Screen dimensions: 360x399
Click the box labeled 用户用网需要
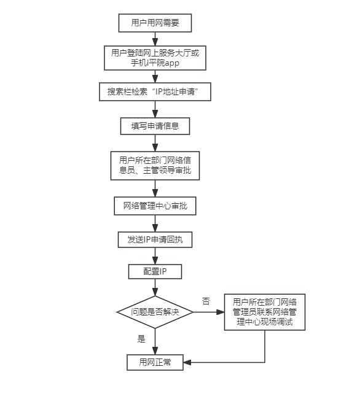tap(155, 23)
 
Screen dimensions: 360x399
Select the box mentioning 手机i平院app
tap(155, 58)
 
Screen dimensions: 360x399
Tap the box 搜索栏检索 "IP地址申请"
tap(155, 91)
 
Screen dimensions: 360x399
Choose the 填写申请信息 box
tap(155, 126)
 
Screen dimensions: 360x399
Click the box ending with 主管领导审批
tap(155, 166)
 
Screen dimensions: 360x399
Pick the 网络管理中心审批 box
tap(155, 206)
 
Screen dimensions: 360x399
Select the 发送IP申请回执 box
tap(155, 239)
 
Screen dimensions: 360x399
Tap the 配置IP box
tap(155, 271)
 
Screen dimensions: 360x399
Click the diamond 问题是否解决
tap(155, 312)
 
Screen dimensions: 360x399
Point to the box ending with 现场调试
tap(265, 312)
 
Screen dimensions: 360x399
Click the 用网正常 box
tap(155, 362)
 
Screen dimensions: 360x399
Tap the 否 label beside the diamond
tap(206, 301)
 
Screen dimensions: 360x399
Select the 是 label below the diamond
tap(141, 339)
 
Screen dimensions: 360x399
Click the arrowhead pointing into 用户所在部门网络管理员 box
tap(221, 312)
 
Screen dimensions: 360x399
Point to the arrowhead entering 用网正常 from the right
tap(187, 362)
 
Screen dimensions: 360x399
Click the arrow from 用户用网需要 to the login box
tap(155, 39)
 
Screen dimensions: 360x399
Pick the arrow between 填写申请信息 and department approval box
tap(155, 143)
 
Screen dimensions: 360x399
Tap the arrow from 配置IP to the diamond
tap(155, 287)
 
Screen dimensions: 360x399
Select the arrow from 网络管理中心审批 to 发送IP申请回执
tap(155, 223)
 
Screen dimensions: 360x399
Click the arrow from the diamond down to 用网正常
tap(155, 341)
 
